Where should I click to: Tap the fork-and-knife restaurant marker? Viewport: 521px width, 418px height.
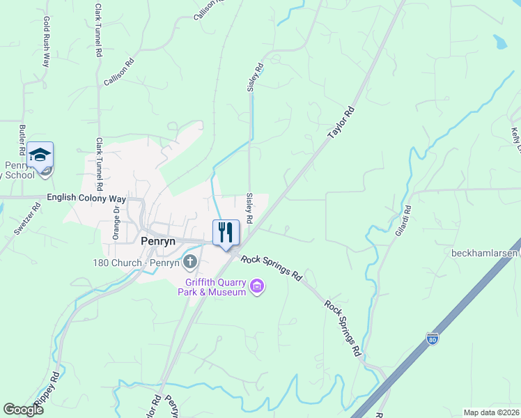226,233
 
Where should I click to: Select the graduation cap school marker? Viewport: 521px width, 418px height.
40,156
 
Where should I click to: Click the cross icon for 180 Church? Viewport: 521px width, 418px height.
189,262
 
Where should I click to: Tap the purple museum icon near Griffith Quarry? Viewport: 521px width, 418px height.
257,286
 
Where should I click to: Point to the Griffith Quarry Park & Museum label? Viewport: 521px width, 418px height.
215,287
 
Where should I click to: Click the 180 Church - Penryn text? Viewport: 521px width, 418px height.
136,263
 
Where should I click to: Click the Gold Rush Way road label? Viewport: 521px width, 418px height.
47,42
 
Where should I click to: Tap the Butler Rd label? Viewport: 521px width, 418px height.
22,139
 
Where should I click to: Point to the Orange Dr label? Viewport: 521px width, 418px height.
117,222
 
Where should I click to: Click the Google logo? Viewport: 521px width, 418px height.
23,410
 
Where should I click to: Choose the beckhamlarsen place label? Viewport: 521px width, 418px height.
485,253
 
